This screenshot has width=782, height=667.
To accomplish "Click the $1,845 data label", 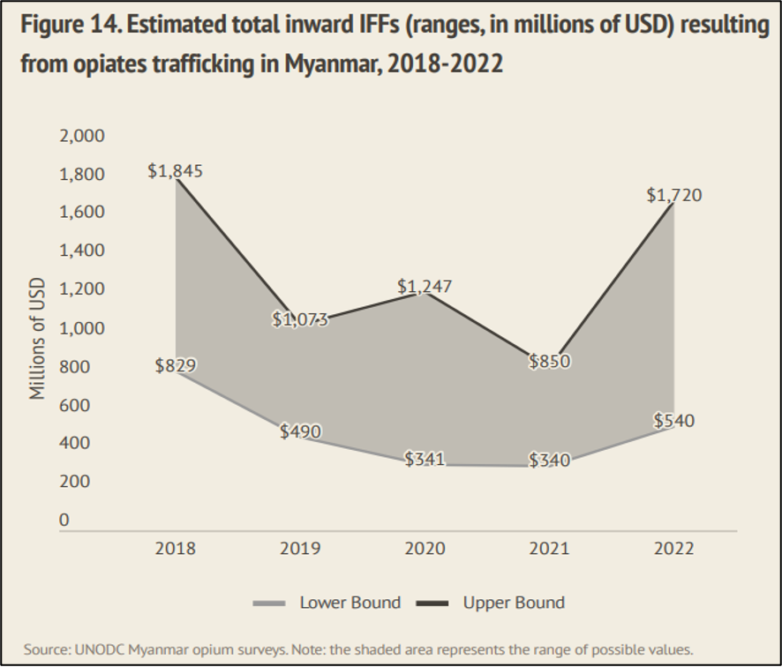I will click(175, 171).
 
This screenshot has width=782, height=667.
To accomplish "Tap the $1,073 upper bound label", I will click(300, 319).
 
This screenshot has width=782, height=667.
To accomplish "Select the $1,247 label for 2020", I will click(425, 286).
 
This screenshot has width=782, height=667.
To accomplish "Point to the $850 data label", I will click(549, 361).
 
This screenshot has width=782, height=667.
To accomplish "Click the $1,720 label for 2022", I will click(673, 196).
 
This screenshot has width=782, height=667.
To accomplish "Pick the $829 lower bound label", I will click(175, 365).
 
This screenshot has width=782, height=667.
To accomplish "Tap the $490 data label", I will click(300, 431).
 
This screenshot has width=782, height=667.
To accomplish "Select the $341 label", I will click(425, 459).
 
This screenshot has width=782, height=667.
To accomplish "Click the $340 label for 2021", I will click(549, 460).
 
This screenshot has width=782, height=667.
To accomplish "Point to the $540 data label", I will click(673, 421).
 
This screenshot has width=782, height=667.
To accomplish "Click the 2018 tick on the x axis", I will click(175, 549).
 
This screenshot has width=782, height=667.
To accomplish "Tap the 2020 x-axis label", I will click(425, 549).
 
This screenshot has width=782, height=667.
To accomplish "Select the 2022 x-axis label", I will click(673, 549).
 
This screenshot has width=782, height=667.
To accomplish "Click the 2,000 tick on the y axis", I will click(81, 136).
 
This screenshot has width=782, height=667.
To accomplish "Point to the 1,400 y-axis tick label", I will click(81, 251).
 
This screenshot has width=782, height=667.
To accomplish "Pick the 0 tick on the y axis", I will click(64, 520).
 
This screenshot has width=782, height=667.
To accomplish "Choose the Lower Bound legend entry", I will click(350, 603).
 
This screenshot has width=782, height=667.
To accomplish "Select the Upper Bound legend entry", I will click(514, 603).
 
